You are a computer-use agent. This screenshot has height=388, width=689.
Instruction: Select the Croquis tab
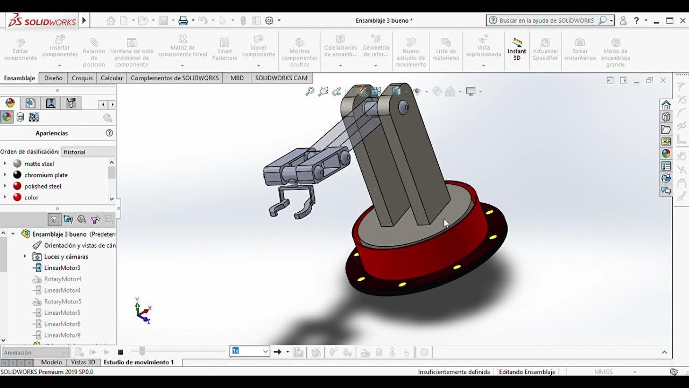pos(82,78)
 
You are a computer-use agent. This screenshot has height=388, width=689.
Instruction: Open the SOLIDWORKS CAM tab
pos(281,78)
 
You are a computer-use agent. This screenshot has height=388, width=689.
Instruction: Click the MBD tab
pos(237,78)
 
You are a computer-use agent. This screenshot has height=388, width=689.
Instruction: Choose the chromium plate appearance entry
pos(46,175)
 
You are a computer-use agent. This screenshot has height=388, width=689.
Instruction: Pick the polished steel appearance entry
pos(43,186)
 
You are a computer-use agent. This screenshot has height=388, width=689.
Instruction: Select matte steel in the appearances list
pos(39,164)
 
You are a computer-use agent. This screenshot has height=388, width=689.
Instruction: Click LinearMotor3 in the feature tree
pos(62,268)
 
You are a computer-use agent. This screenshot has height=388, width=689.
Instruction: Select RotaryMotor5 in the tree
pos(62,302)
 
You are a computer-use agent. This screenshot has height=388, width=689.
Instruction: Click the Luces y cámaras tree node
pos(66,257)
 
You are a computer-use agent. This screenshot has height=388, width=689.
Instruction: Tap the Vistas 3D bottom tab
pos(83,362)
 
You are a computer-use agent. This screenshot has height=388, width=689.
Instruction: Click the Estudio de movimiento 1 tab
pos(139,362)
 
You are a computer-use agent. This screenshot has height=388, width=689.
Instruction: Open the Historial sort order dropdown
pos(88,152)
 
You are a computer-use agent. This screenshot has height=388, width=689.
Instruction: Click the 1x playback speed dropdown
pos(250,351)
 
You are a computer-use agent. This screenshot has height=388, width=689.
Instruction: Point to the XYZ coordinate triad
pos(143,311)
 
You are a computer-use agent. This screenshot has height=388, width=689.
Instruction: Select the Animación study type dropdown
pos(34,352)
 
